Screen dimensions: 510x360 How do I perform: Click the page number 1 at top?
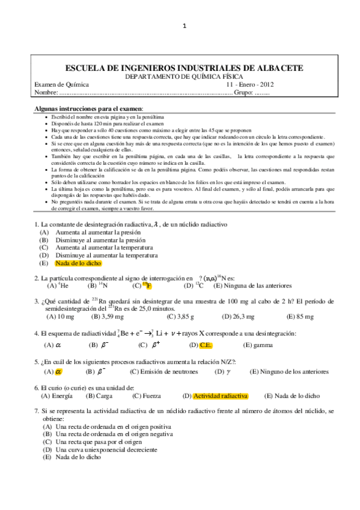[x=185, y=26]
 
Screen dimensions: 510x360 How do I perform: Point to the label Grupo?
[x=242, y=93]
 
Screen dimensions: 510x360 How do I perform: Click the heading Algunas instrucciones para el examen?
[x=89, y=106]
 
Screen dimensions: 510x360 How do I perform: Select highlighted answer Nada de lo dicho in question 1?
[x=78, y=263]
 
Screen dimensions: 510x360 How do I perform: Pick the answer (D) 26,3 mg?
[x=239, y=316]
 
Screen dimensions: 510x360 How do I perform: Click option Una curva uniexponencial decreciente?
[x=106, y=449]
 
